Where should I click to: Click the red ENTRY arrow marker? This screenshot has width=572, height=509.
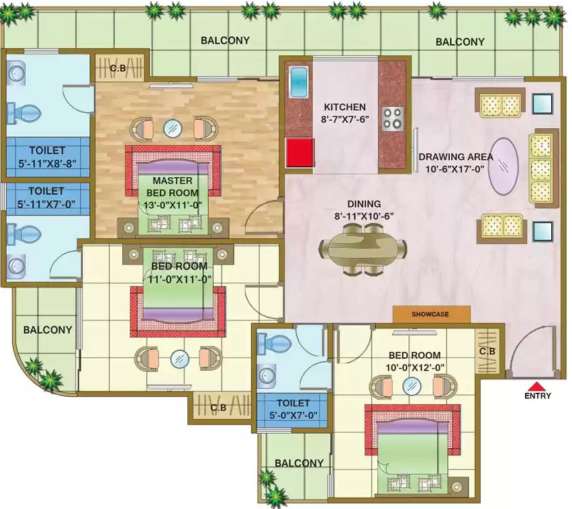[x=536, y=386]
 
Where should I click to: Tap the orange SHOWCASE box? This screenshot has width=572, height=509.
[x=432, y=314]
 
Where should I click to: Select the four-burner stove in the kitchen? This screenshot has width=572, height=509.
[x=393, y=119]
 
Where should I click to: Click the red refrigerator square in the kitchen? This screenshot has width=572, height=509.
[x=300, y=152]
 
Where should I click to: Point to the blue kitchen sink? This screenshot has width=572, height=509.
[x=299, y=82]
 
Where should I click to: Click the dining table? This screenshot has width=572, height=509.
[x=363, y=249]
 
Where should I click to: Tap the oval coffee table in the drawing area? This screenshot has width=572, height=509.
[x=504, y=166]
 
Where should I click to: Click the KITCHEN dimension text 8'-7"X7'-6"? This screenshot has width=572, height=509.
[x=345, y=120]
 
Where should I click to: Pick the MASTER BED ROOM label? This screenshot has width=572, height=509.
[x=173, y=187]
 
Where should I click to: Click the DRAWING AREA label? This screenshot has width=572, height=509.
[x=456, y=157]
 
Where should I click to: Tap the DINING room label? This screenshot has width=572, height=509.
[x=364, y=203]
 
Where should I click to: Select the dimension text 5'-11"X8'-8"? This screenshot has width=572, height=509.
[x=48, y=163]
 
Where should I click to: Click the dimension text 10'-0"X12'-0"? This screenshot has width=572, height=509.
[x=415, y=367]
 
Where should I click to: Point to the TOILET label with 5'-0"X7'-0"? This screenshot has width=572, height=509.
[x=293, y=403]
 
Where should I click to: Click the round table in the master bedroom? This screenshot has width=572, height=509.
[x=173, y=128]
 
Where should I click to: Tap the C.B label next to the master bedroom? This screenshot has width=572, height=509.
[x=118, y=68]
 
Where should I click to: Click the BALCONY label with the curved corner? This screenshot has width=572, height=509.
[x=48, y=330]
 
